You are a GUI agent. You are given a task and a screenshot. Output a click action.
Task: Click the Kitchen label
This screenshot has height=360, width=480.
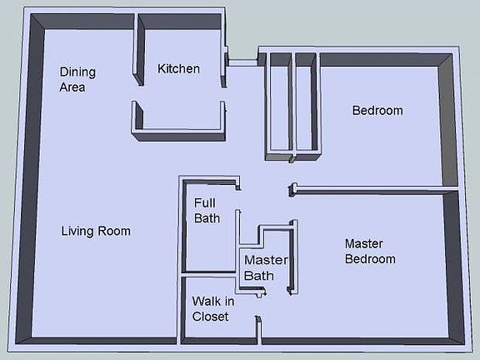point(178,68)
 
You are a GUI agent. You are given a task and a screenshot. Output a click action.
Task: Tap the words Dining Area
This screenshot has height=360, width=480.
point(72,79)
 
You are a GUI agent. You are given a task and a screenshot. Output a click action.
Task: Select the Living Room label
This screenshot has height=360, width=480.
point(96,231)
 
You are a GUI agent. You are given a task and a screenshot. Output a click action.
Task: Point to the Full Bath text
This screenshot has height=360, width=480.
point(207,210)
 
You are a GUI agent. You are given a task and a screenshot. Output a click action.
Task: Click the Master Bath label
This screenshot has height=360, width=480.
point(265,267)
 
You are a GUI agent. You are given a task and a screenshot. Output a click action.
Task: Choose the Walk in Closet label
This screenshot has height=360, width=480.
point(212,308)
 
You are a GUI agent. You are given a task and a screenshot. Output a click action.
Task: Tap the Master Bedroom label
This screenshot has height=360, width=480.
point(370,251)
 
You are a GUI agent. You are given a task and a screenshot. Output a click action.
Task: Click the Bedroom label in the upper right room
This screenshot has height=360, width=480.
point(377,110)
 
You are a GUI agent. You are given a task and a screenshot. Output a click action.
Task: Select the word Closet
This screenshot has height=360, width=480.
point(210,316)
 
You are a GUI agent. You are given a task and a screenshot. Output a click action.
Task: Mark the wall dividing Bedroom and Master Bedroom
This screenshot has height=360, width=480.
point(375,190)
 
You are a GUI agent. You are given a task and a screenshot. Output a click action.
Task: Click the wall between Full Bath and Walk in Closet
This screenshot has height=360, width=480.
point(208,272)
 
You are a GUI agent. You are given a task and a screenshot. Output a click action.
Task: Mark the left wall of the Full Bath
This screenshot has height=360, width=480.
point(182,225)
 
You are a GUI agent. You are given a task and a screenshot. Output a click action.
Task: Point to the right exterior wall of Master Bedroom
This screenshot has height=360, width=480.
point(455,267)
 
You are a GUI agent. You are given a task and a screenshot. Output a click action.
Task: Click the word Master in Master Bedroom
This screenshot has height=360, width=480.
point(363,243)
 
